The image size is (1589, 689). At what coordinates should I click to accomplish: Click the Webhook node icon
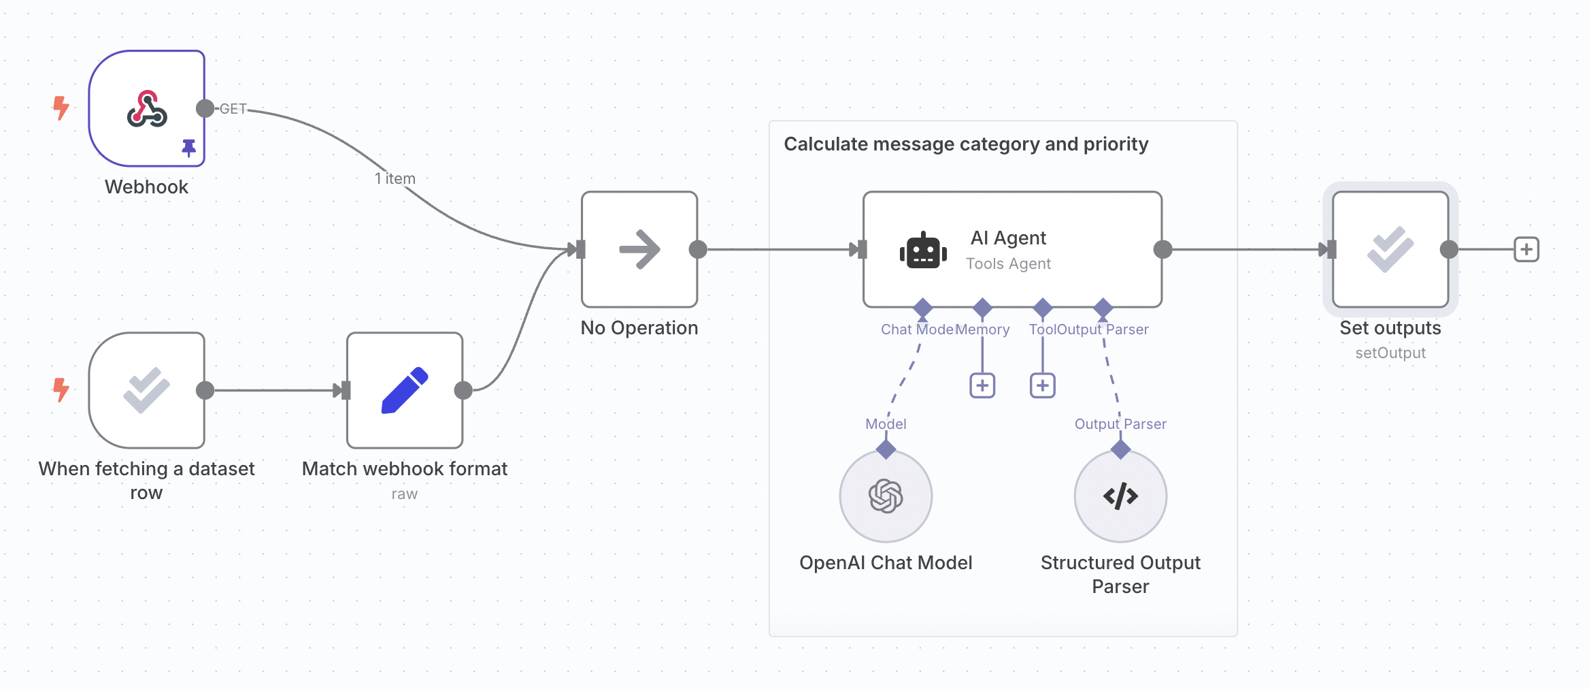147,109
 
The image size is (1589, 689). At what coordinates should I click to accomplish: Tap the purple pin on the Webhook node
189,147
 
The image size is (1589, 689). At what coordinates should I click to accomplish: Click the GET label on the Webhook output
233,109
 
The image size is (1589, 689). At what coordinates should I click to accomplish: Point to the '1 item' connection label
395,178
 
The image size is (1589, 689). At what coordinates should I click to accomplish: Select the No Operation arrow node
639,249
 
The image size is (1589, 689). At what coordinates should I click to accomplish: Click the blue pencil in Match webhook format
405,390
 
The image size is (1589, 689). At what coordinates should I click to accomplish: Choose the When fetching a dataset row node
147,390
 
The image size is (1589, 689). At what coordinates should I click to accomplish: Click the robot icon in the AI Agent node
923,251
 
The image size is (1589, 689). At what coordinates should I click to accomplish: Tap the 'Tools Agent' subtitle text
1008,263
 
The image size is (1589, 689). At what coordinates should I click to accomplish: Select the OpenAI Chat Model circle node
886,496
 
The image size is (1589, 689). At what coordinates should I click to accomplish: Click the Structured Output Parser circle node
1120,496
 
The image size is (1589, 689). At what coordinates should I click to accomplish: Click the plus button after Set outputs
1526,249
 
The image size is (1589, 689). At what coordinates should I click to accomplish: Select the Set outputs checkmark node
1390,249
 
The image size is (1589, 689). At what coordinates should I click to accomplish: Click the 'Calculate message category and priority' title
966,144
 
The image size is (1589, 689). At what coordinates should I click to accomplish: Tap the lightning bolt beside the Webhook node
61,108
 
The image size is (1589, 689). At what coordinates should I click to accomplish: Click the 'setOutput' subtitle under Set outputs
1390,353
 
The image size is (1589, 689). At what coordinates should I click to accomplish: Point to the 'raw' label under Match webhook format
404,494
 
